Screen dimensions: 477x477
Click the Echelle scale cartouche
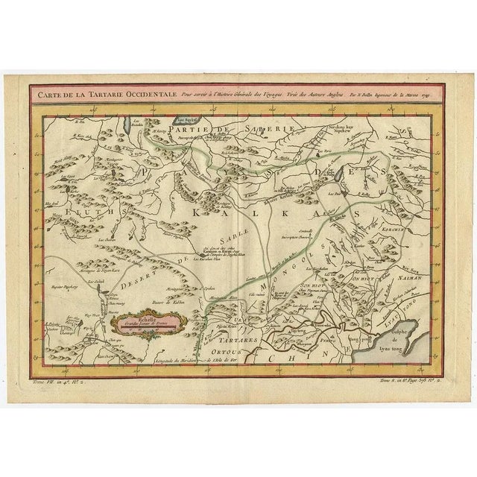click(140, 323)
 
